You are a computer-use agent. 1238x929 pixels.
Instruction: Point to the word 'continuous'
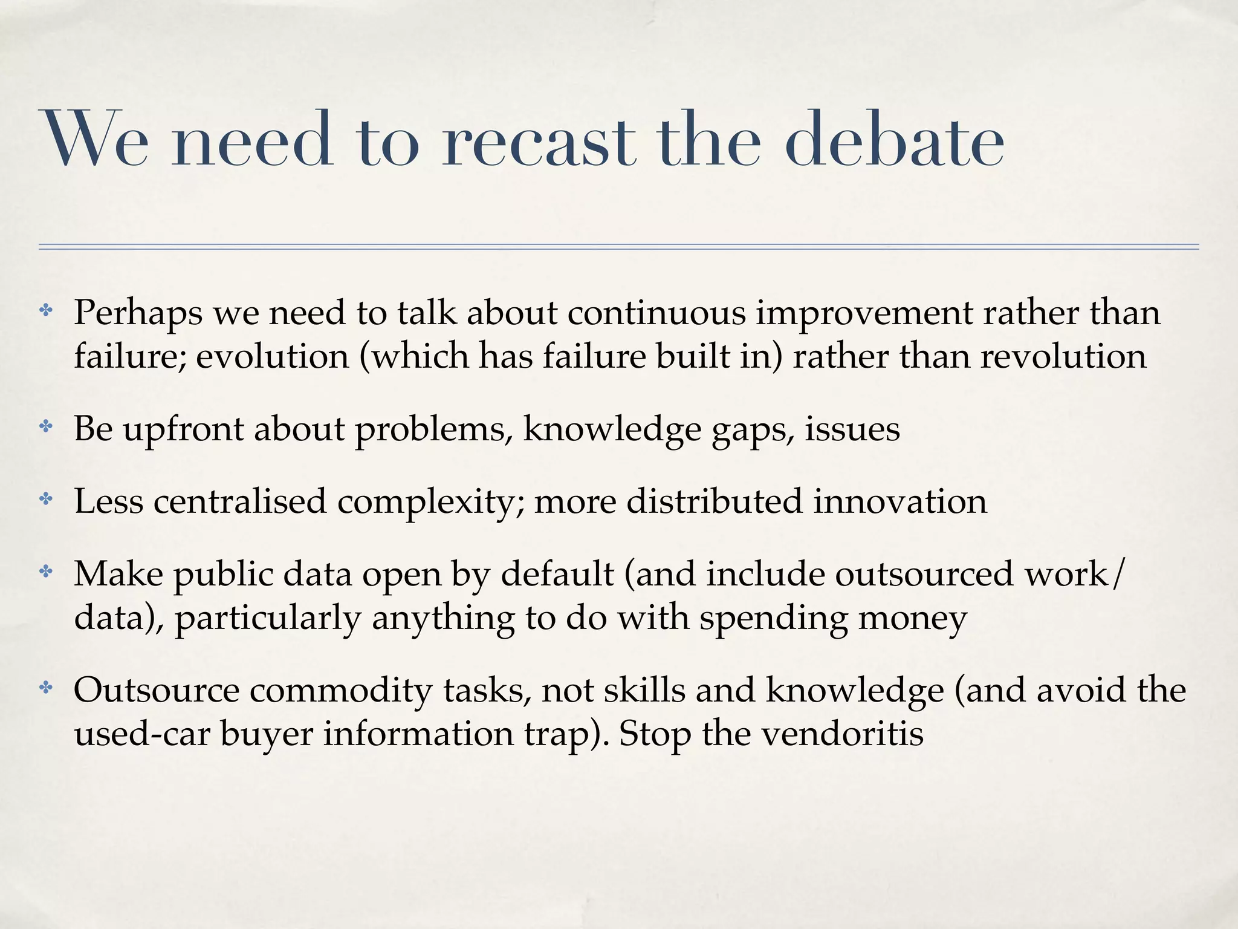(656, 313)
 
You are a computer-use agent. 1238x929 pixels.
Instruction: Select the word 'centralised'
(239, 501)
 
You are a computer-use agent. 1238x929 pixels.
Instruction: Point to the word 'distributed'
(714, 501)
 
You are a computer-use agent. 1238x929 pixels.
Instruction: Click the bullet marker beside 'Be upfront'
(45, 428)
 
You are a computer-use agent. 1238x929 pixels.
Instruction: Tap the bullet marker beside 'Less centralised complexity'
(45, 500)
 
